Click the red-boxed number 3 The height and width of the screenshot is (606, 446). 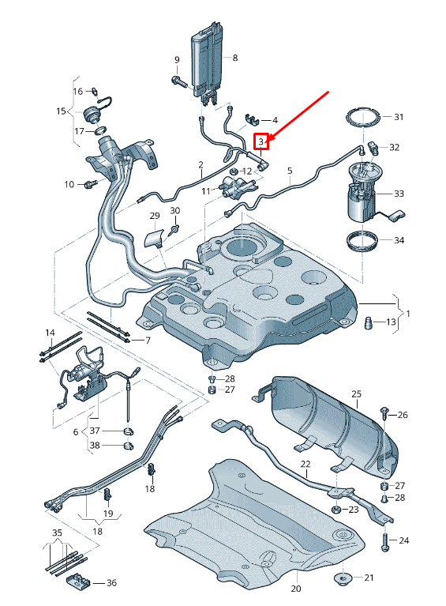pyautogui.click(x=262, y=141)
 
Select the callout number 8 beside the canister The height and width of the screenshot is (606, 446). pyautogui.click(x=234, y=58)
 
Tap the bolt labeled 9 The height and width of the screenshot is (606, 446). pyautogui.click(x=176, y=80)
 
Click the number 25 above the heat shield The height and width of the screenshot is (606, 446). pyautogui.click(x=356, y=393)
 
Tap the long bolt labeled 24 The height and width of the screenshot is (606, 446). pyautogui.click(x=384, y=541)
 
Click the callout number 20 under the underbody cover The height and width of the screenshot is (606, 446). pyautogui.click(x=296, y=589)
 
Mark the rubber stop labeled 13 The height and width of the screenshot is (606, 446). pyautogui.click(x=368, y=322)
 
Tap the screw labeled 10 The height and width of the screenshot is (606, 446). pyautogui.click(x=88, y=184)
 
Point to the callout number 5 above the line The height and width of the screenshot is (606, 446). pyautogui.click(x=290, y=170)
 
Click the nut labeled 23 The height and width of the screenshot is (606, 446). pyautogui.click(x=336, y=510)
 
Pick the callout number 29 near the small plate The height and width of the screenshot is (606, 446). pyautogui.click(x=154, y=216)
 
